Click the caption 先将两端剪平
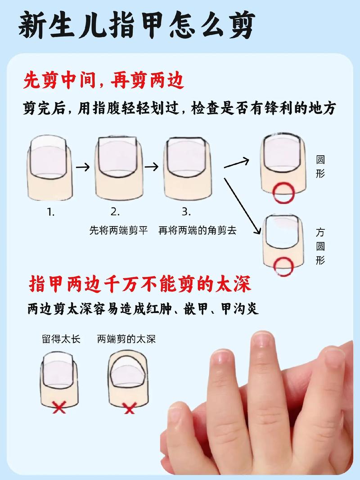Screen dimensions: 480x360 click(x=118, y=230)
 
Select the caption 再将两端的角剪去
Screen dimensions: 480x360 click(x=197, y=230)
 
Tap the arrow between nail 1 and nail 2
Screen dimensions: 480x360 click(x=83, y=167)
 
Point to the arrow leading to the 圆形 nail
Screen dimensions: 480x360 click(x=237, y=162)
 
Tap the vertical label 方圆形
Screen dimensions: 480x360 click(x=320, y=247)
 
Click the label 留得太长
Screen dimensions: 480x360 click(x=61, y=339)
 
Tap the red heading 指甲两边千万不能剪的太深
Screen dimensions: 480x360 click(x=140, y=284)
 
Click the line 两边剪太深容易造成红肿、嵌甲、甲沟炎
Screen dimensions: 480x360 click(x=143, y=310)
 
